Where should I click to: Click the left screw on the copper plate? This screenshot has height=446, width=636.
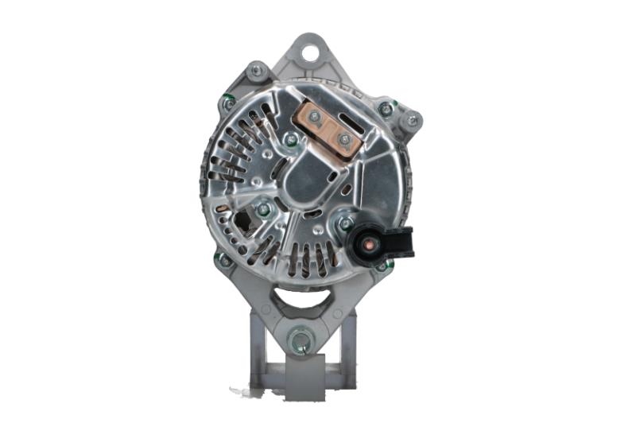point(315,118)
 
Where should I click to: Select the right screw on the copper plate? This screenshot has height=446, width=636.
point(344,140)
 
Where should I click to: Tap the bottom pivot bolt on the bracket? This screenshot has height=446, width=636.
point(300,342)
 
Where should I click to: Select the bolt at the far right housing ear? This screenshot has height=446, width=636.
point(411,121)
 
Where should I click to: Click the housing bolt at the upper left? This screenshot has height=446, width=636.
point(255,70)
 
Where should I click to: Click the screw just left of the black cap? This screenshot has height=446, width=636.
point(347,223)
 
